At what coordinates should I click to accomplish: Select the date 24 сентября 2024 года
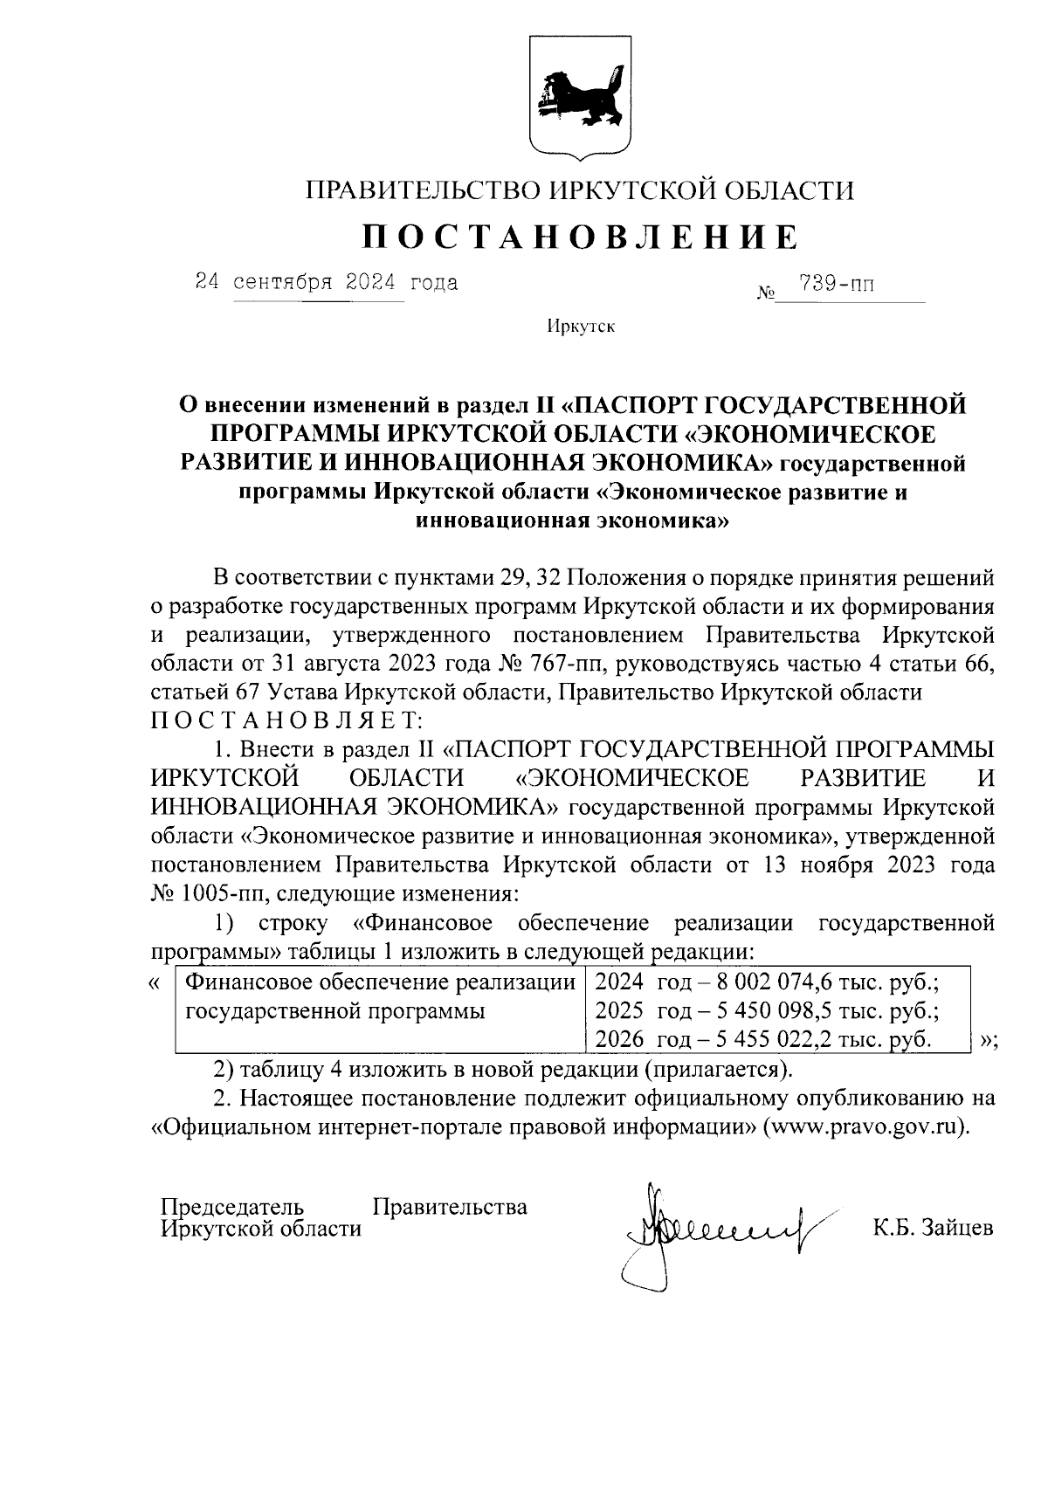click(326, 283)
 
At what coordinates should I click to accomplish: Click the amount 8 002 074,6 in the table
click(769, 983)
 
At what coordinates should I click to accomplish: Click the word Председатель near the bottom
click(232, 1207)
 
